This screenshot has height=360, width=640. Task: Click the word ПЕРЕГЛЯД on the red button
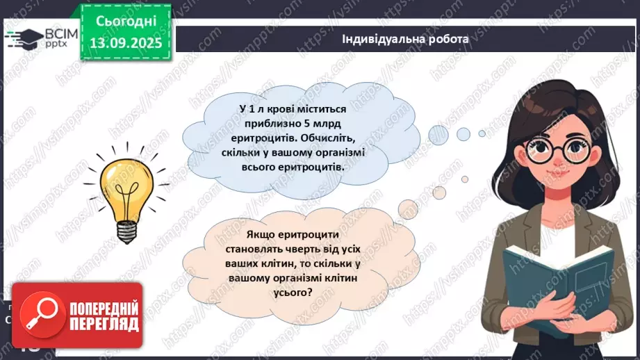click(104, 325)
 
